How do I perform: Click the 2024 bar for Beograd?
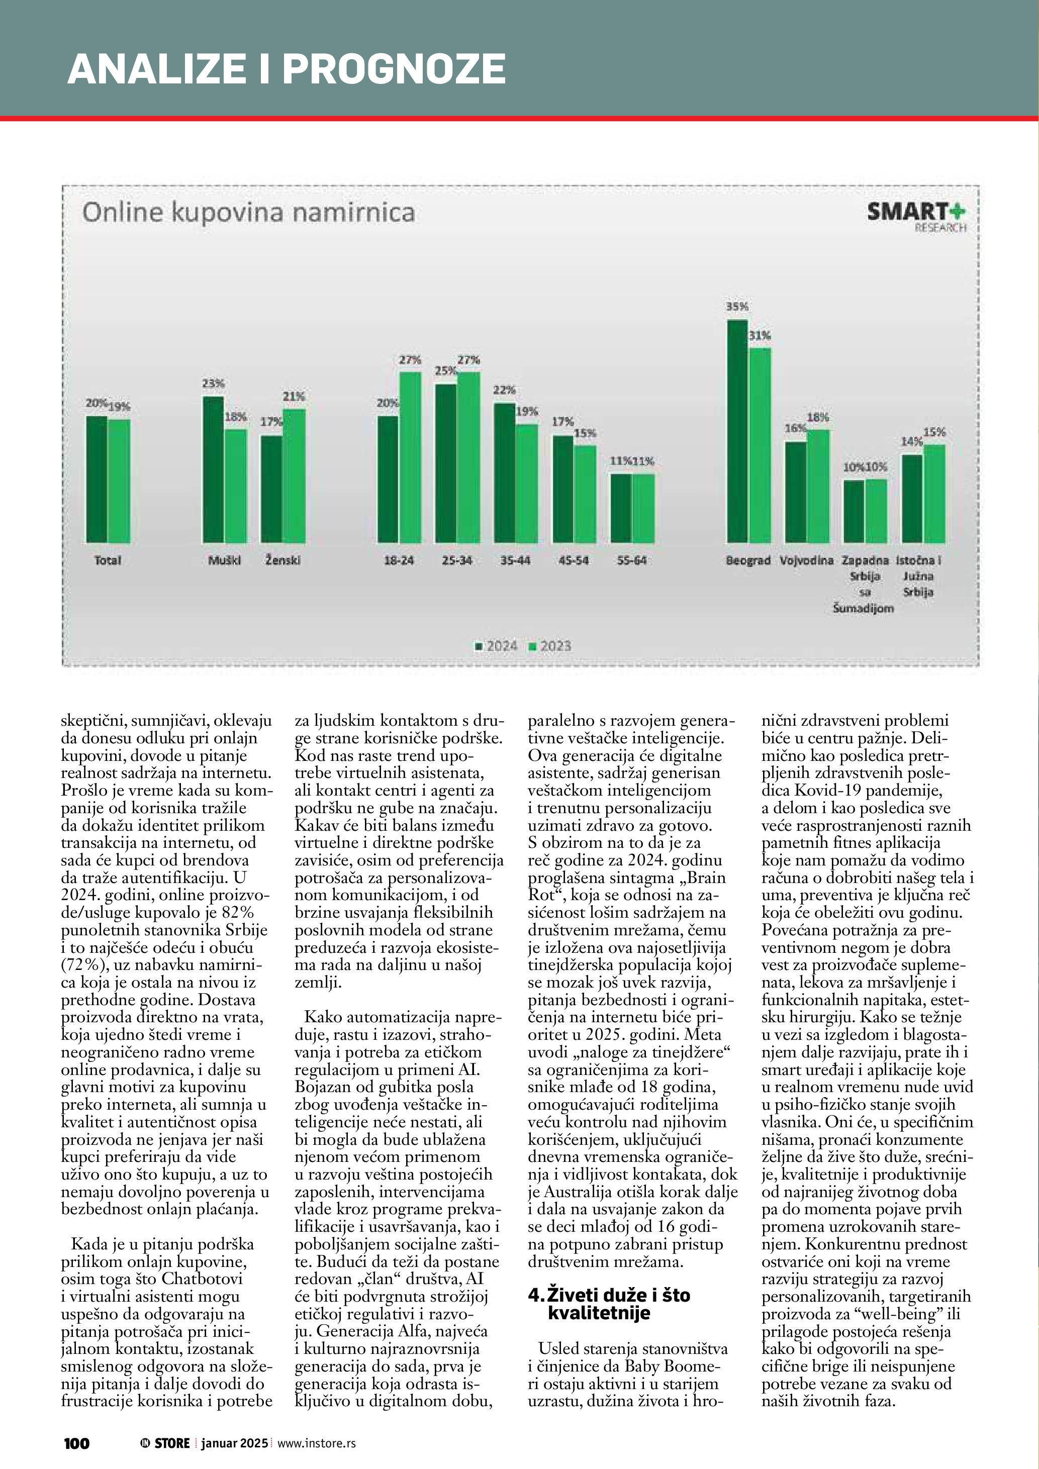[737, 431]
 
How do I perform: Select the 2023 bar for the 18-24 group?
[410, 457]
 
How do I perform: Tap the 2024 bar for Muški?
[213, 469]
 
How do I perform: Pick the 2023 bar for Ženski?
[294, 476]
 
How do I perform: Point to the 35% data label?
[737, 307]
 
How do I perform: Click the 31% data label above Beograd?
[760, 335]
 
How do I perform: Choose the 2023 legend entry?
[549, 646]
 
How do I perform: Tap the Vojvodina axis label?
[806, 560]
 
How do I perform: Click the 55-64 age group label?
[631, 560]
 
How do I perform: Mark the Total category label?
[108, 560]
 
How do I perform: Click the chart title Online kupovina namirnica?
[248, 213]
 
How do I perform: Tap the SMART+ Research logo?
[916, 216]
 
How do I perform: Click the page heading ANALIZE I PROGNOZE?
[287, 69]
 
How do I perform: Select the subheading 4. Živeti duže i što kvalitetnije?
[609, 1304]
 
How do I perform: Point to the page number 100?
[77, 1443]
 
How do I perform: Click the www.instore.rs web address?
[316, 1443]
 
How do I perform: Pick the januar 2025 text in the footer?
[234, 1443]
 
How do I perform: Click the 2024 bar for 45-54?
[562, 489]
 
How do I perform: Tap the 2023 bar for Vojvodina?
[818, 486]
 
